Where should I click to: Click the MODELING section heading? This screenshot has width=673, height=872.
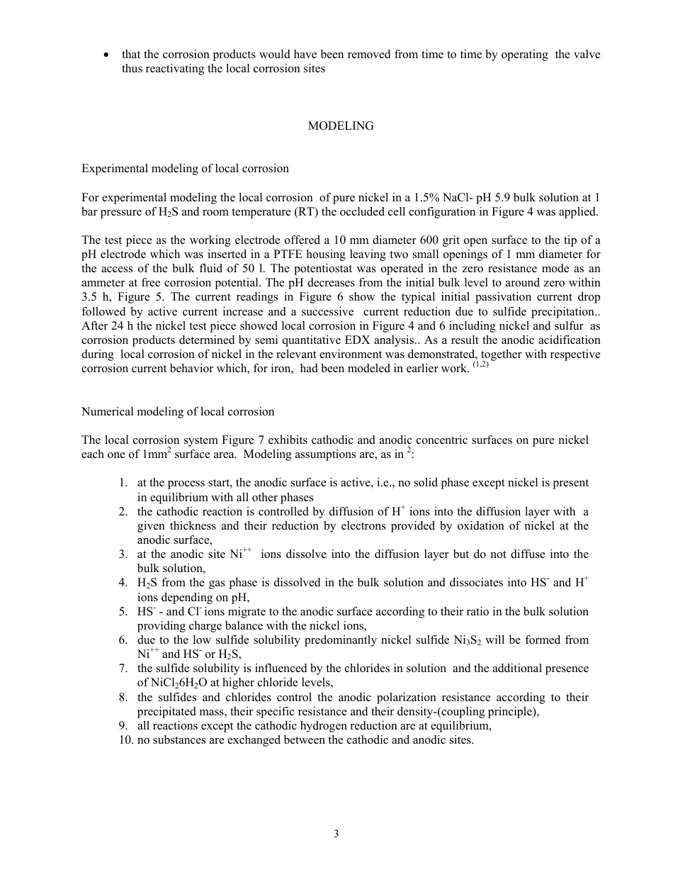click(x=341, y=126)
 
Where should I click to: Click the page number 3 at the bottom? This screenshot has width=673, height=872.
click(x=336, y=834)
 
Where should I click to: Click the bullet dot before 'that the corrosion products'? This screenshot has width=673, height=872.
click(x=106, y=55)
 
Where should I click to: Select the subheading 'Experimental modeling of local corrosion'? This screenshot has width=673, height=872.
click(x=185, y=169)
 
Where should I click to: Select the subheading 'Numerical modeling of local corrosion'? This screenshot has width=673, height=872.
click(x=178, y=411)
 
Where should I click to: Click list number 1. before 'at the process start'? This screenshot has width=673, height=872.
click(x=123, y=483)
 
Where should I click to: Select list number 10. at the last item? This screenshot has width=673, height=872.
click(x=125, y=740)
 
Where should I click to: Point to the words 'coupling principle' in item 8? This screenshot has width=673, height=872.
click(x=494, y=712)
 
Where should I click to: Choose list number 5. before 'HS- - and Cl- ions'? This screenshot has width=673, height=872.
click(x=123, y=611)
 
